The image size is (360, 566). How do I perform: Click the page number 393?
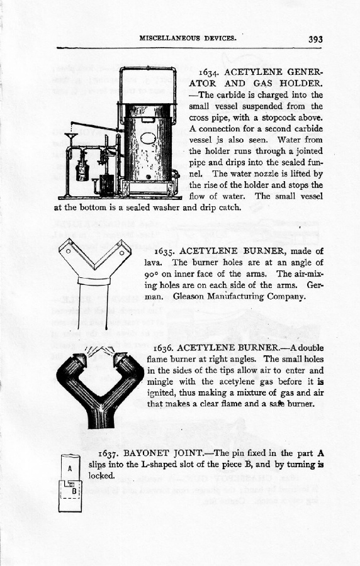coord(315,40)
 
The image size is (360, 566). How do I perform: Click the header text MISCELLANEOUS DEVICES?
coord(188,38)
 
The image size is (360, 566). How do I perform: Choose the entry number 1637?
coord(108,453)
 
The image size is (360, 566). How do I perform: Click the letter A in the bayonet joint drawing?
coord(70,469)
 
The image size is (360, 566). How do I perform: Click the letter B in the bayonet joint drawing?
coord(74,491)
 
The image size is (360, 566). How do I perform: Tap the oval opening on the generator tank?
coord(147,138)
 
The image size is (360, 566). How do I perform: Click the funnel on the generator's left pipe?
coord(72,138)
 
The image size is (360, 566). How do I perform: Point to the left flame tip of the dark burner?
coord(79,359)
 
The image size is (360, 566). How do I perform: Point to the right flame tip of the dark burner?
coord(121,359)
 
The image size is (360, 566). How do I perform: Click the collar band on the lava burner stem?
coord(94,280)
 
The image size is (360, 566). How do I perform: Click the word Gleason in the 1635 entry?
coord(188,297)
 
